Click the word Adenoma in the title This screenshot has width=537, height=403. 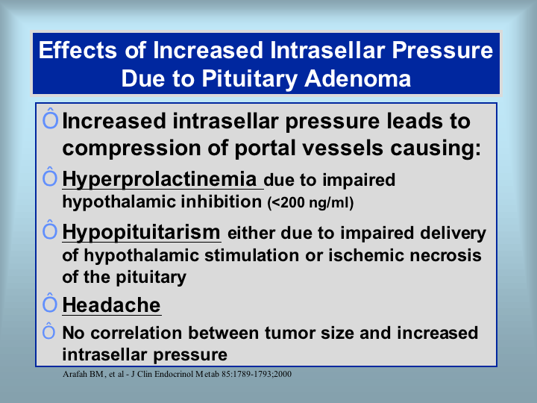357,78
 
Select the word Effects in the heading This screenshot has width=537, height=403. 78,50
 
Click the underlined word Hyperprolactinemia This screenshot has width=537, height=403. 160,179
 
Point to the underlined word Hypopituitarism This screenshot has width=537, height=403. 141,232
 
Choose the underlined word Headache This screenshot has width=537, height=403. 111,304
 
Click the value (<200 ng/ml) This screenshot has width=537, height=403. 310,202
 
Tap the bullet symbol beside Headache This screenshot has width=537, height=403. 50,303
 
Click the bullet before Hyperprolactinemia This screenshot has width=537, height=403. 50,177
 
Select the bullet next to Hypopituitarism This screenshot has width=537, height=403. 50,230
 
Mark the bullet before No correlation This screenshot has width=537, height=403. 48,331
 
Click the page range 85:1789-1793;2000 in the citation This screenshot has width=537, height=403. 257,374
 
